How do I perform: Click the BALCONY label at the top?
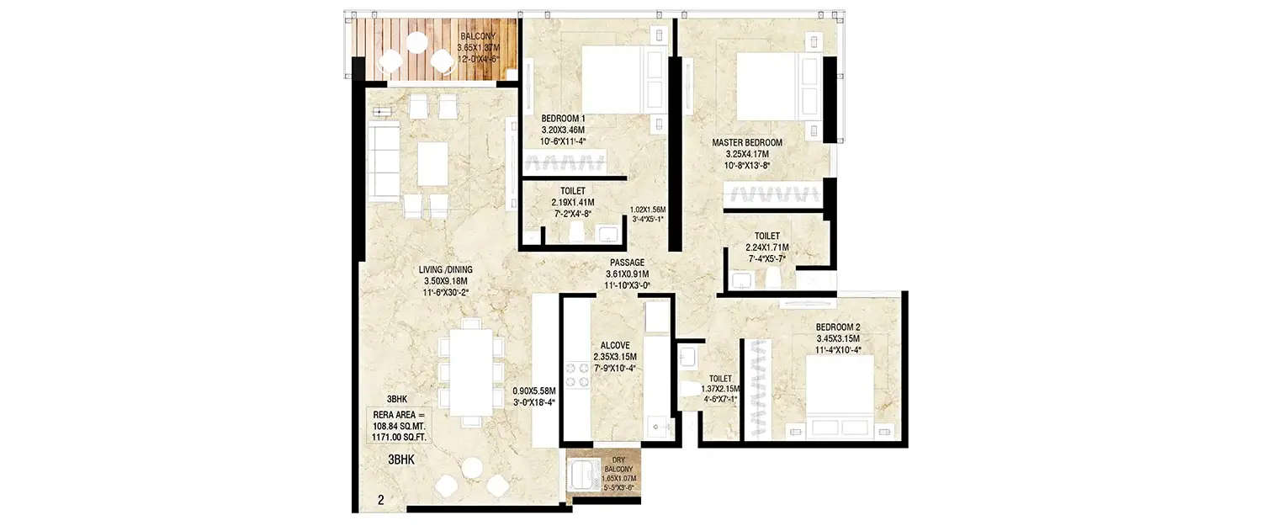479,36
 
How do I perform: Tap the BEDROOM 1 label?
563,119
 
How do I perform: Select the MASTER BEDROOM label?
747,143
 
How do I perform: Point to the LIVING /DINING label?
445,269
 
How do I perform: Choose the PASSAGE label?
627,263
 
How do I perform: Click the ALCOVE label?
616,345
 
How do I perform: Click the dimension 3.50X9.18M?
445,281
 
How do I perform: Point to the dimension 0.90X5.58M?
533,391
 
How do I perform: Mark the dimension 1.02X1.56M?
648,210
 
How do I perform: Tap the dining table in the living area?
465,371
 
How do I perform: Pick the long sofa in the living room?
383,158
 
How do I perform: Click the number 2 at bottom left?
380,500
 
